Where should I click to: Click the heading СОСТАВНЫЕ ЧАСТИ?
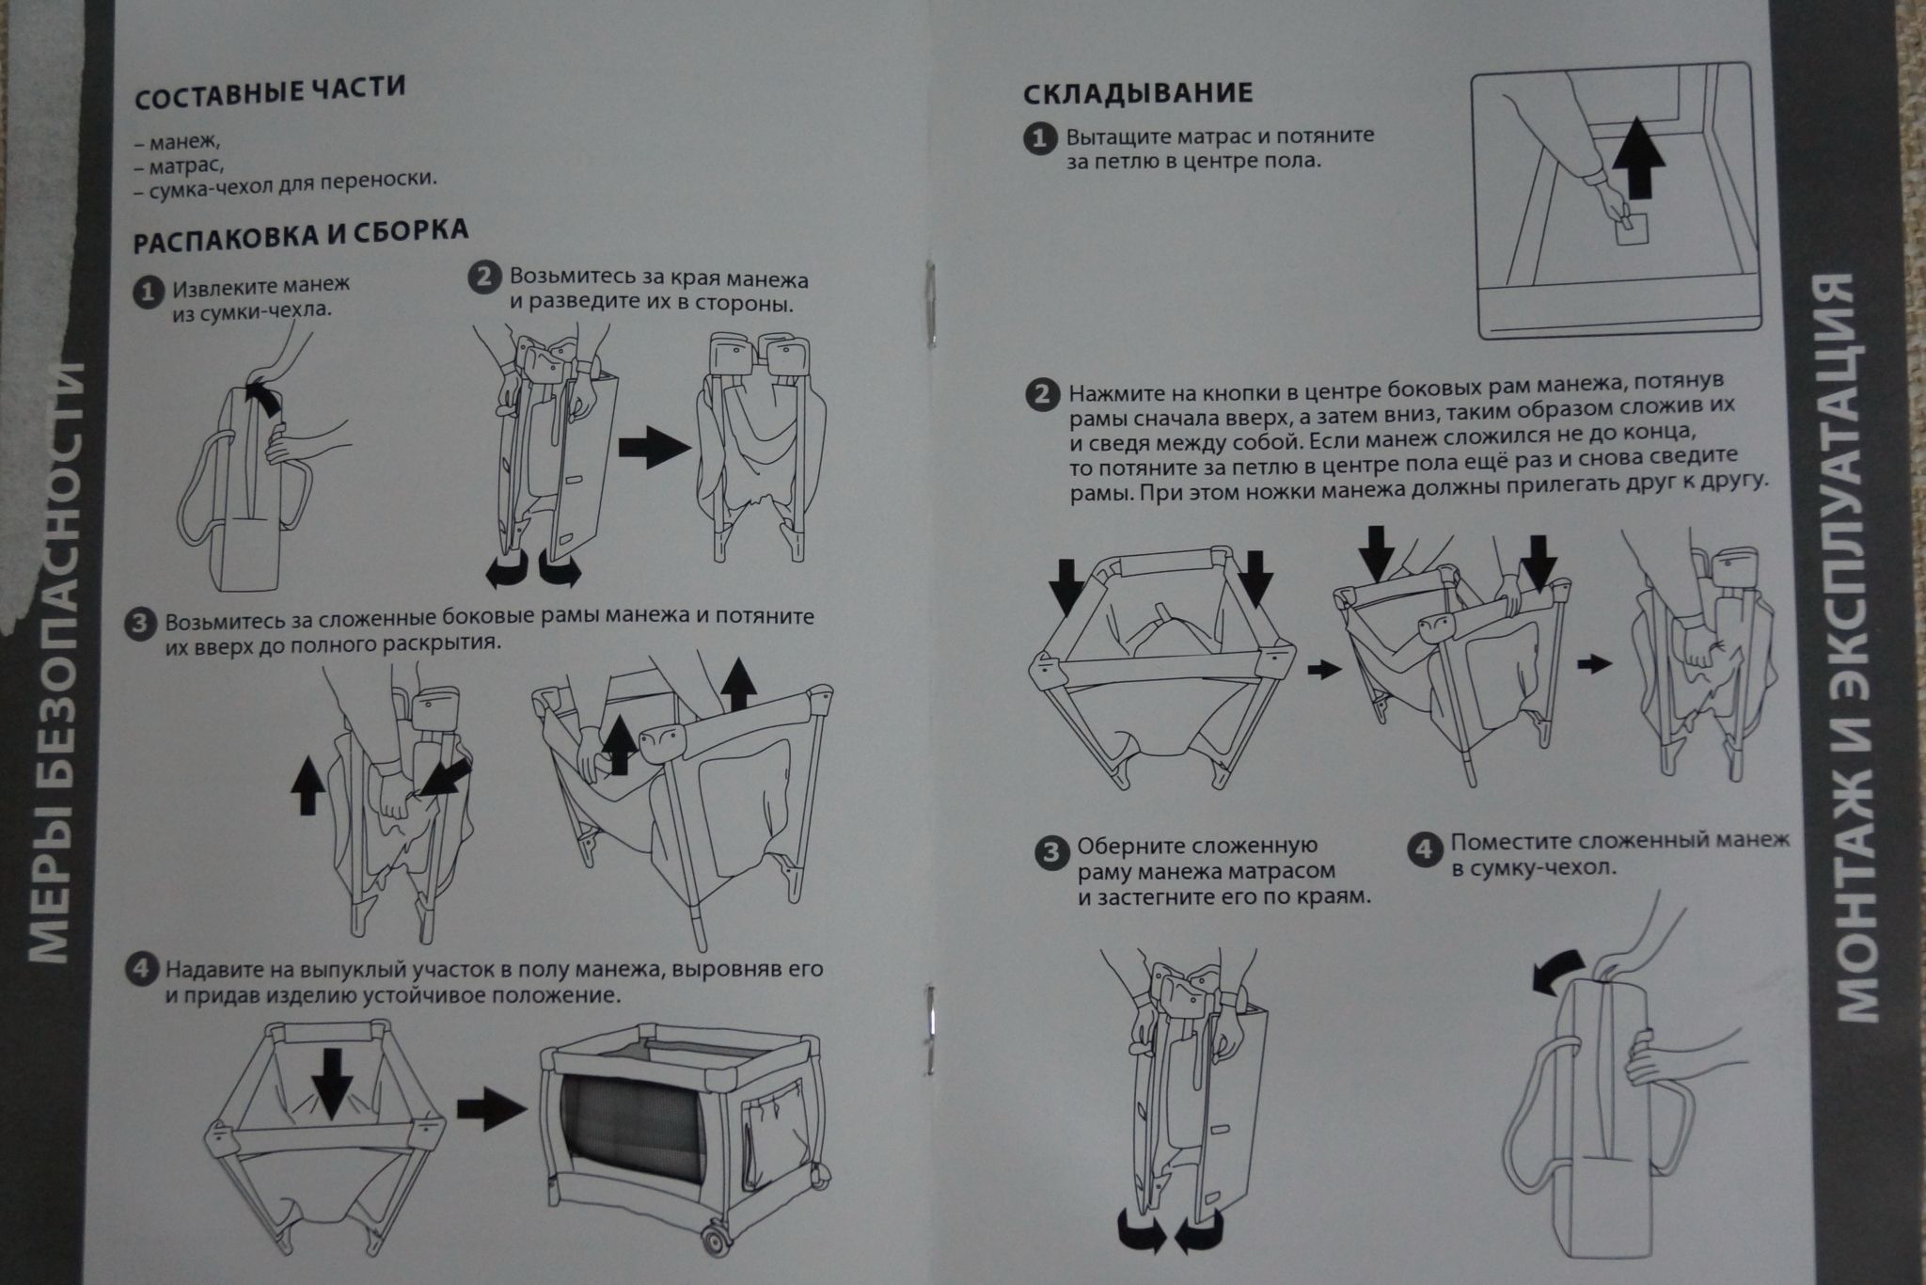tap(270, 93)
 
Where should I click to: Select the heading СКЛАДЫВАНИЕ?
tap(1137, 92)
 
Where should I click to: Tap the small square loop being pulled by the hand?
tap(1632, 228)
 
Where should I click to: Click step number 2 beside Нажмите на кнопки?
tap(1040, 394)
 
